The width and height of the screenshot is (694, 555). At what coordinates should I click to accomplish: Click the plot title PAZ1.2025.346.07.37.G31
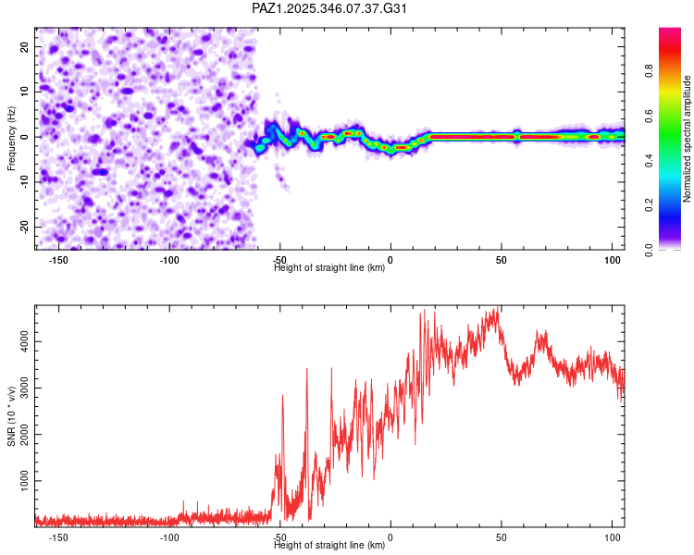pos(330,8)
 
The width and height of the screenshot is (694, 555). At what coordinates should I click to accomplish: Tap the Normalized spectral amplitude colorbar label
pos(687,139)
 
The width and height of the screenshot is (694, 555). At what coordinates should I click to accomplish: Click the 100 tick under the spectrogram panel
pos(612,260)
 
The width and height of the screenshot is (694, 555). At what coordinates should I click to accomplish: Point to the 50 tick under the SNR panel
pos(501,537)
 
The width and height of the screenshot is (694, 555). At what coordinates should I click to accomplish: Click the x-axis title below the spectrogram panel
pos(329,268)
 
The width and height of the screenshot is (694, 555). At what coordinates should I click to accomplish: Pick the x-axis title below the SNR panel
pos(329,546)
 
